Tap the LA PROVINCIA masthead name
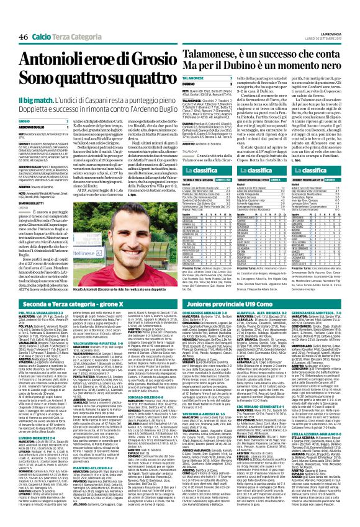pos(334,6)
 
